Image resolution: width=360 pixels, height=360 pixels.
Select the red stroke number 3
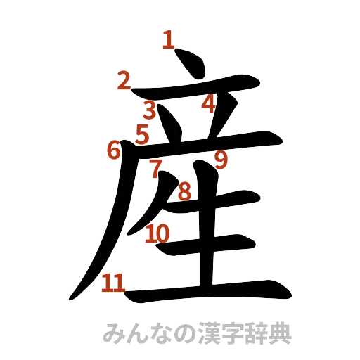pyautogui.click(x=150, y=110)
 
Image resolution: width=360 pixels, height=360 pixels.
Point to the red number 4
pyautogui.click(x=208, y=105)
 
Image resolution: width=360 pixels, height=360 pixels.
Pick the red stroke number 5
pyautogui.click(x=143, y=134)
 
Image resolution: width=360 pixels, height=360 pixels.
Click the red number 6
pyautogui.click(x=114, y=150)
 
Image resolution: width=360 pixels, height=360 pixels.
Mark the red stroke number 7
pyautogui.click(x=156, y=167)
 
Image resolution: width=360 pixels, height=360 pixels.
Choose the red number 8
pyautogui.click(x=184, y=190)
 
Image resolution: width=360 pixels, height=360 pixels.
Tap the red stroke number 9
pyautogui.click(x=221, y=161)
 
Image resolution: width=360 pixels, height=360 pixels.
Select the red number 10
pyautogui.click(x=158, y=233)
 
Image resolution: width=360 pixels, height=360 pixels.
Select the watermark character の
pyautogui.click(x=184, y=334)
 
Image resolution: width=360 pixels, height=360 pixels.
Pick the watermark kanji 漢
pyautogui.click(x=208, y=334)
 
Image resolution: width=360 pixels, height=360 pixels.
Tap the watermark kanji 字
pyautogui.click(x=232, y=334)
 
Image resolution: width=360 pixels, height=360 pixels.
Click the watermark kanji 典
pyautogui.click(x=279, y=334)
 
